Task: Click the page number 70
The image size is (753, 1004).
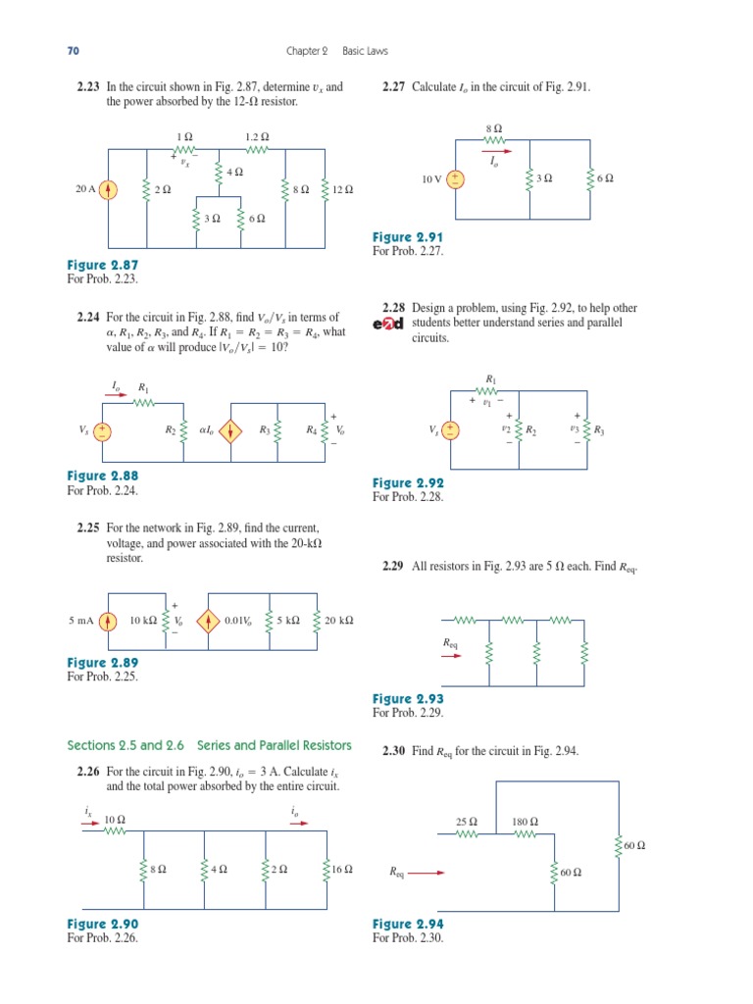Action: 72,50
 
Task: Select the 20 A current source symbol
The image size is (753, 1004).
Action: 108,190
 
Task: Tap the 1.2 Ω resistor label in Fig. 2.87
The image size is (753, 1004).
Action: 257,137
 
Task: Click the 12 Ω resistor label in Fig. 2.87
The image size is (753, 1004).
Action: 342,190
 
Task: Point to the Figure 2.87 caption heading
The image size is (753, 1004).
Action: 103,266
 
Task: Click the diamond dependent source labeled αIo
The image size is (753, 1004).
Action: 230,430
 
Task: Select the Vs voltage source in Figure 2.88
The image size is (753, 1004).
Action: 102,430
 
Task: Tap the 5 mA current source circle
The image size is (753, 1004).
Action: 110,621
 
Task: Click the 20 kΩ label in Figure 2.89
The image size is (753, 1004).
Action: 339,621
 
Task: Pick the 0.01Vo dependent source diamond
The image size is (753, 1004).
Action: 209,621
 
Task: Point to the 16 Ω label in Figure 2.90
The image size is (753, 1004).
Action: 342,870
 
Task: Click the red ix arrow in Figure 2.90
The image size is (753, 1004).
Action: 90,824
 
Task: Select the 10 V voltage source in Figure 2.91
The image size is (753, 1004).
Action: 456,179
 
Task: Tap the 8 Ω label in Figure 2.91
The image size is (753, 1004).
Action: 493,128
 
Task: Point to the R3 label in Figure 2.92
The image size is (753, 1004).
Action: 599,430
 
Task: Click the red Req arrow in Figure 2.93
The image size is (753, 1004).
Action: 452,656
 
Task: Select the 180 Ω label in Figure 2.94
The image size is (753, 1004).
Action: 526,822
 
